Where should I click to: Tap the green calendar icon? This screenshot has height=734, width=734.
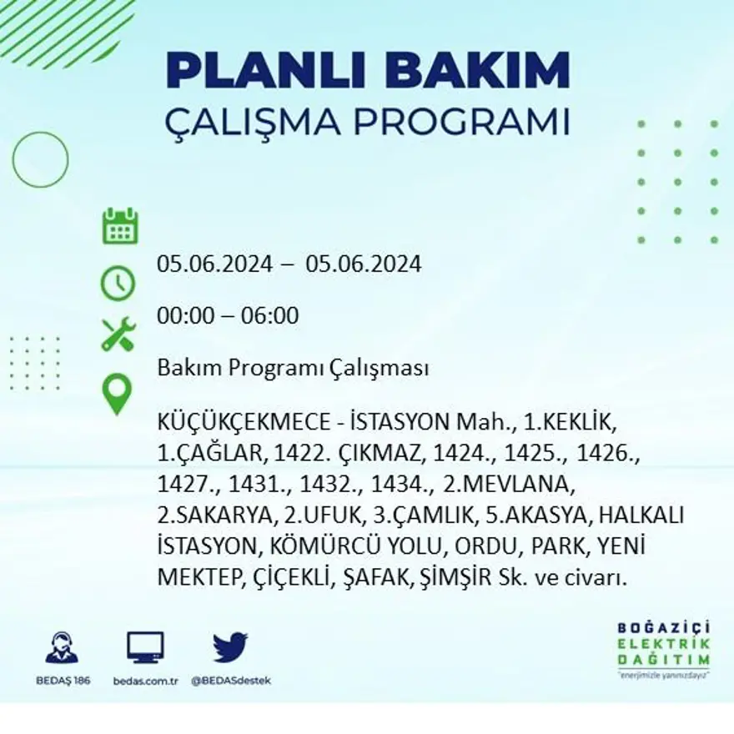click(120, 226)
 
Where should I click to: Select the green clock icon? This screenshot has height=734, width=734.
click(118, 283)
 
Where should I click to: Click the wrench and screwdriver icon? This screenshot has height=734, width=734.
click(118, 334)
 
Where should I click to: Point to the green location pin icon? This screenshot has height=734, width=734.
click(117, 394)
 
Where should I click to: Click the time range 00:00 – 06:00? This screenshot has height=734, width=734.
click(228, 316)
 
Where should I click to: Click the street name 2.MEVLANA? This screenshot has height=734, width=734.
click(509, 483)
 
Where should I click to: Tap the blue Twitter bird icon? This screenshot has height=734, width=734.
click(230, 647)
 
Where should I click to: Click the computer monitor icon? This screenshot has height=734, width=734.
click(145, 647)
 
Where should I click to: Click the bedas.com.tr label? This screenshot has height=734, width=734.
click(145, 680)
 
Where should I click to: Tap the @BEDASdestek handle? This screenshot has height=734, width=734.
click(231, 680)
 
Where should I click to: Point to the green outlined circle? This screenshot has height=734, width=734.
click(40, 159)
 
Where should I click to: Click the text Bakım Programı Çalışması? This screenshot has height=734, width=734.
click(293, 368)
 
